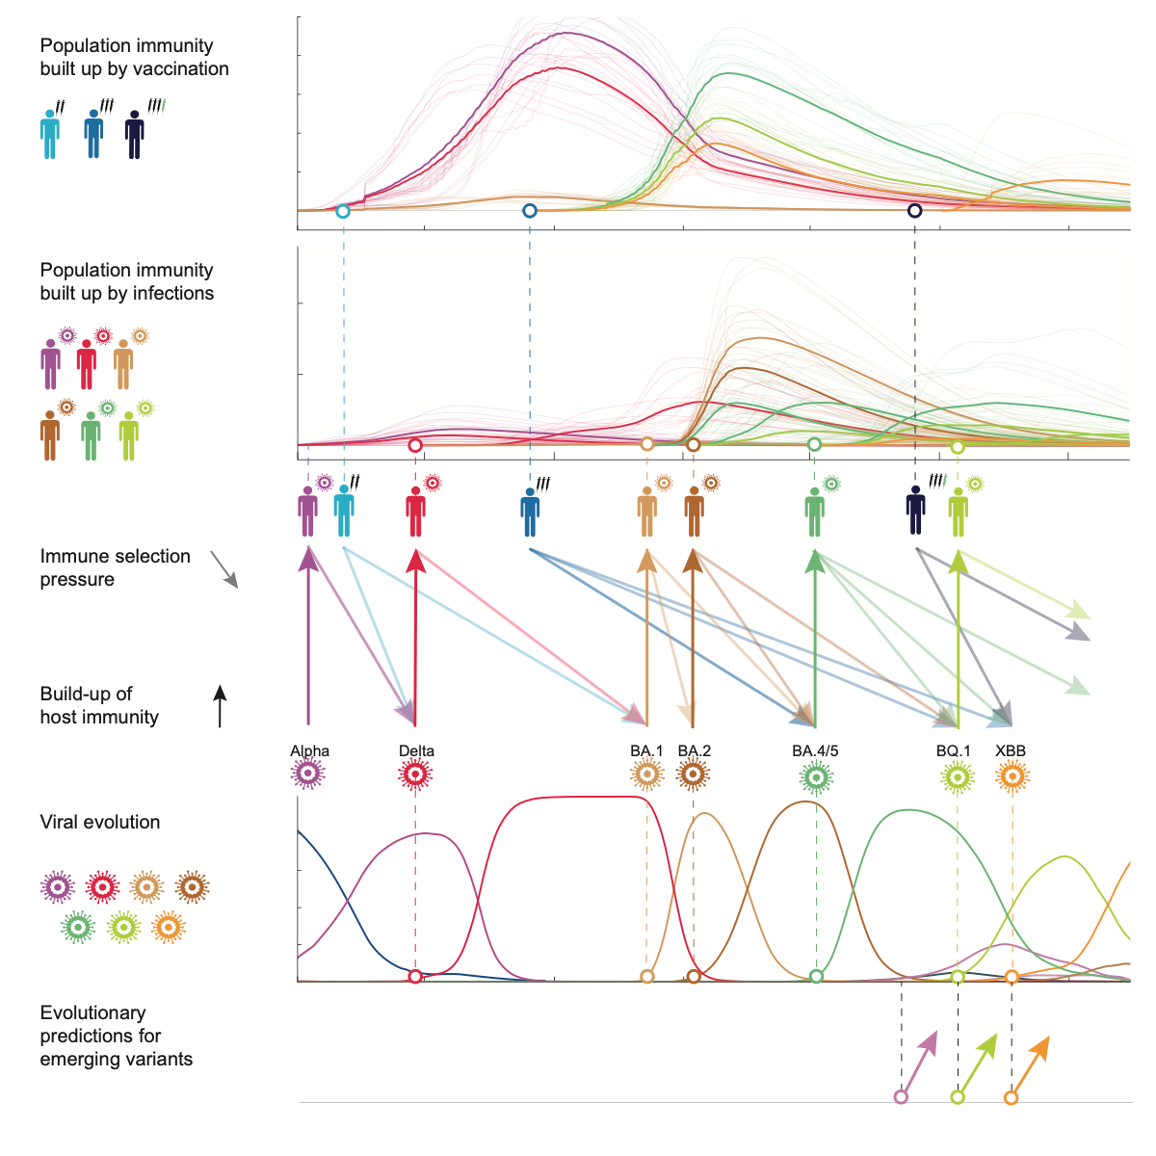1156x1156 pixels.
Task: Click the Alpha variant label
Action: [309, 751]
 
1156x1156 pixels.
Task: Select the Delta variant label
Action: [416, 751]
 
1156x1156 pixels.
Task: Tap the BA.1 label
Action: [646, 751]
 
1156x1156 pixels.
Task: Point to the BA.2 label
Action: [694, 751]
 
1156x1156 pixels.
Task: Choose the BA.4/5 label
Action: [815, 751]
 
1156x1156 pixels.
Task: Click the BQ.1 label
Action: [954, 751]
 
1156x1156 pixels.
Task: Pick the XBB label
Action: [1011, 751]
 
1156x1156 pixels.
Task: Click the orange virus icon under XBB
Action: [1011, 775]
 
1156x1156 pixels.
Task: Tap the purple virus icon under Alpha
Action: [308, 774]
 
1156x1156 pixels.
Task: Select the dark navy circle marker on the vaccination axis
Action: [914, 210]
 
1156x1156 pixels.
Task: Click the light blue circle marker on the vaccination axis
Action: [343, 211]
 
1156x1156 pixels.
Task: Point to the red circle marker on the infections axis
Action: [415, 445]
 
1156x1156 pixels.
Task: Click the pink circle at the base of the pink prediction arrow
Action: [901, 1097]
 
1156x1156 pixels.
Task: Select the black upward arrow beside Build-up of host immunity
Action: [220, 705]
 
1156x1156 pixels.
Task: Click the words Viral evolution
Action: [100, 822]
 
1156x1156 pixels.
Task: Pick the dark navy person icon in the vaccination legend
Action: [135, 134]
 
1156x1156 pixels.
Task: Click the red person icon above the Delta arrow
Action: [415, 511]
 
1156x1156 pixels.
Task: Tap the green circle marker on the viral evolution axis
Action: [816, 977]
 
